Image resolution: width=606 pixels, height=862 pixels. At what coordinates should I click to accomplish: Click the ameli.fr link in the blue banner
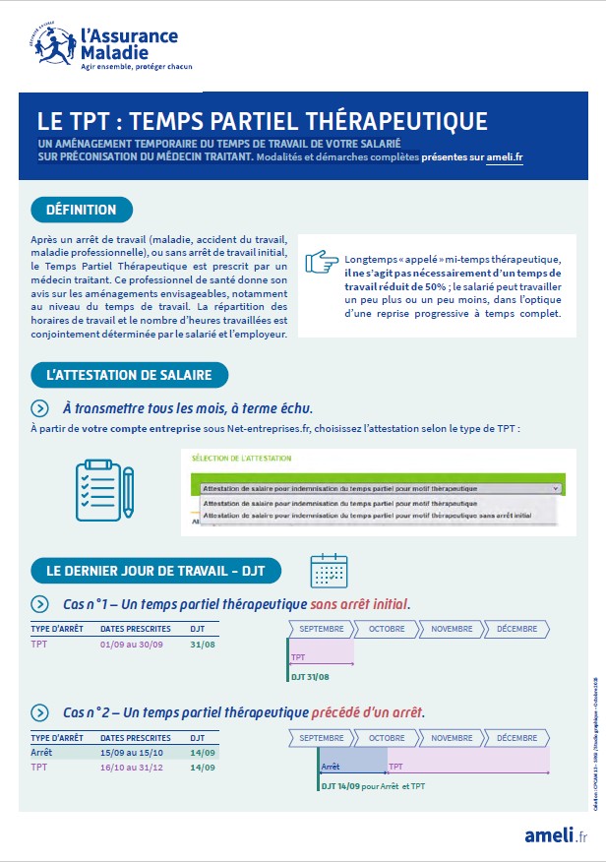pyautogui.click(x=505, y=155)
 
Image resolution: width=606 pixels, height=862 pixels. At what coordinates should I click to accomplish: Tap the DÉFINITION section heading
pyautogui.click(x=82, y=210)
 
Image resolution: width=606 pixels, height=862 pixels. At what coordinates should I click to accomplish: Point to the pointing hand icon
pyautogui.click(x=321, y=263)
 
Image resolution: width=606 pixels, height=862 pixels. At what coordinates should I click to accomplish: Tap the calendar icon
pyautogui.click(x=328, y=570)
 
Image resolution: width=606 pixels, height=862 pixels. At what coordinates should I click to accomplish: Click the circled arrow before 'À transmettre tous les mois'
pyautogui.click(x=39, y=408)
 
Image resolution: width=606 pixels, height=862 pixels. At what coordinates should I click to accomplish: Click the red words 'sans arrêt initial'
pyautogui.click(x=359, y=603)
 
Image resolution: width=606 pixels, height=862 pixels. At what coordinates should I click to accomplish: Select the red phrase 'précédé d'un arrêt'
pyautogui.click(x=369, y=711)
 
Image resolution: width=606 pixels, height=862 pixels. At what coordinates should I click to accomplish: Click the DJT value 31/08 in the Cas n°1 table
pyautogui.click(x=203, y=645)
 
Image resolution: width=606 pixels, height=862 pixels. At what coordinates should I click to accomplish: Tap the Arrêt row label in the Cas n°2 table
pyautogui.click(x=41, y=753)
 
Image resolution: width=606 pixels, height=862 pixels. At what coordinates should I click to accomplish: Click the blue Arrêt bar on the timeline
pyautogui.click(x=352, y=760)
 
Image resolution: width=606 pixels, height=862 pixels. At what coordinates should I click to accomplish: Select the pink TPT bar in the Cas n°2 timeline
pyautogui.click(x=467, y=760)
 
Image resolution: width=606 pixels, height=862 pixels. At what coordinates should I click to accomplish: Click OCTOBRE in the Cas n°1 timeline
pyautogui.click(x=387, y=629)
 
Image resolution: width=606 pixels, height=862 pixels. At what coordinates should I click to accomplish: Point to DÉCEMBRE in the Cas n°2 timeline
pyautogui.click(x=516, y=737)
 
